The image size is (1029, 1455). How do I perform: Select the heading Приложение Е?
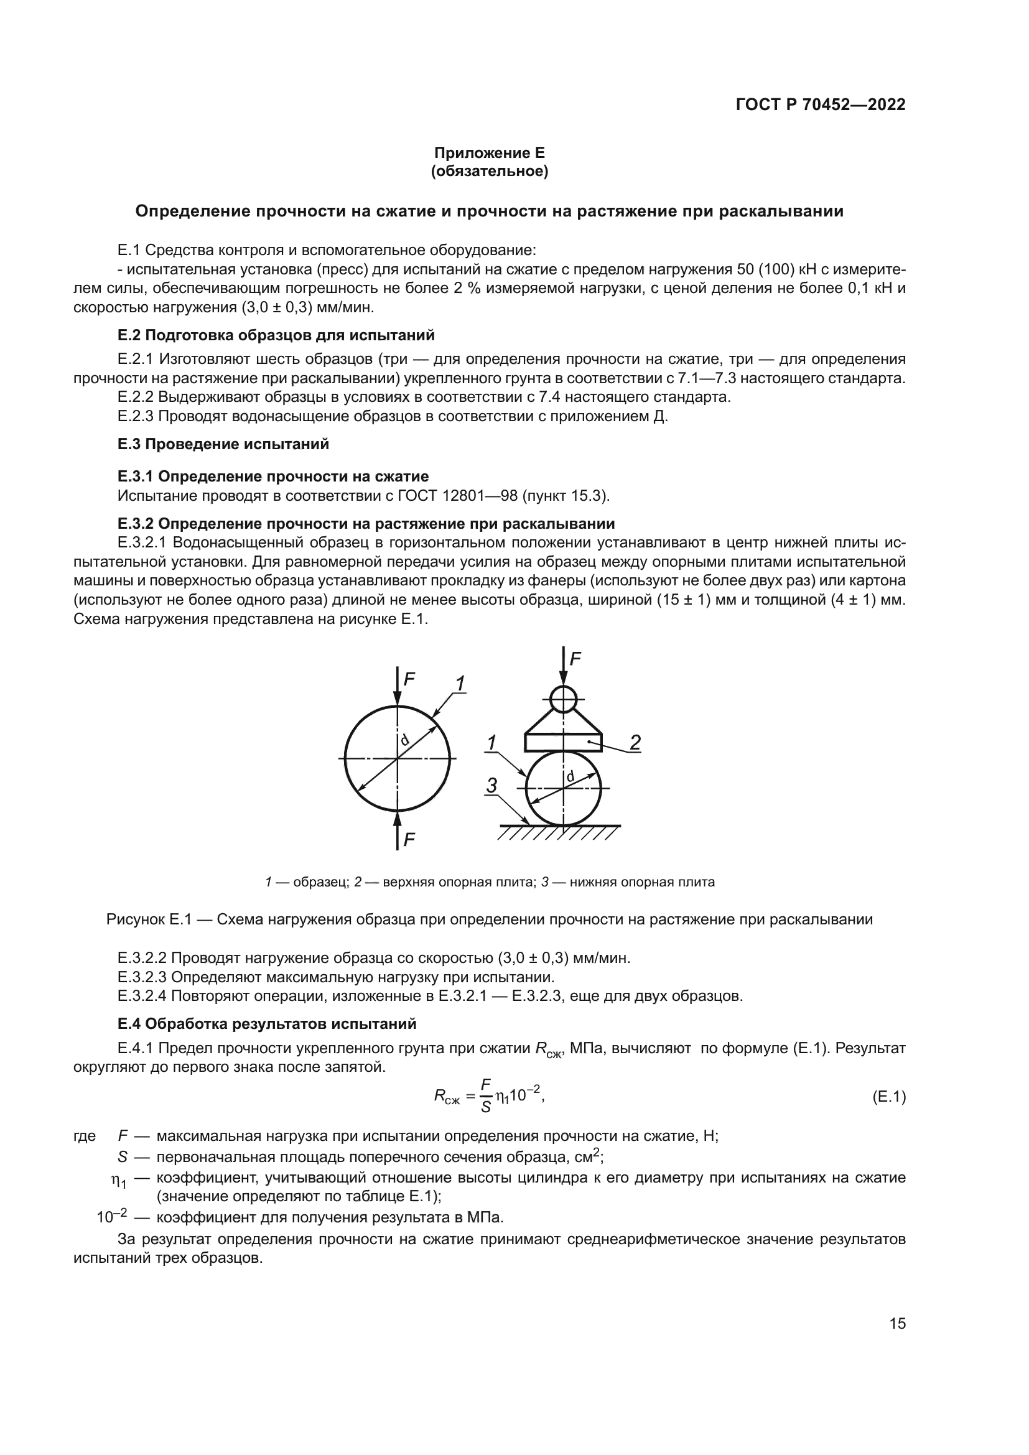click(x=489, y=153)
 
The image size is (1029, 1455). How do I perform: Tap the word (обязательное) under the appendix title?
click(x=489, y=171)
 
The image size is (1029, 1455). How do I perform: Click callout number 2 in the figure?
click(x=635, y=741)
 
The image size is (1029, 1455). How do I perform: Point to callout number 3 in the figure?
click(x=491, y=786)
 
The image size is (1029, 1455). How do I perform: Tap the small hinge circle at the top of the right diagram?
click(x=562, y=699)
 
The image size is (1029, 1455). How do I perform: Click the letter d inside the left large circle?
click(x=404, y=740)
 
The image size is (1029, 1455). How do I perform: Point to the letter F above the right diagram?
click(x=575, y=659)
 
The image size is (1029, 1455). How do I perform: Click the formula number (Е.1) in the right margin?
click(x=888, y=1097)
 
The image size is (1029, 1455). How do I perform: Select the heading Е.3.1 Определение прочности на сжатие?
click(x=273, y=476)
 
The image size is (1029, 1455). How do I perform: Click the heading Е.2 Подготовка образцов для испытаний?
click(x=276, y=335)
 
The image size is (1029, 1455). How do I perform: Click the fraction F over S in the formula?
click(x=486, y=1097)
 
